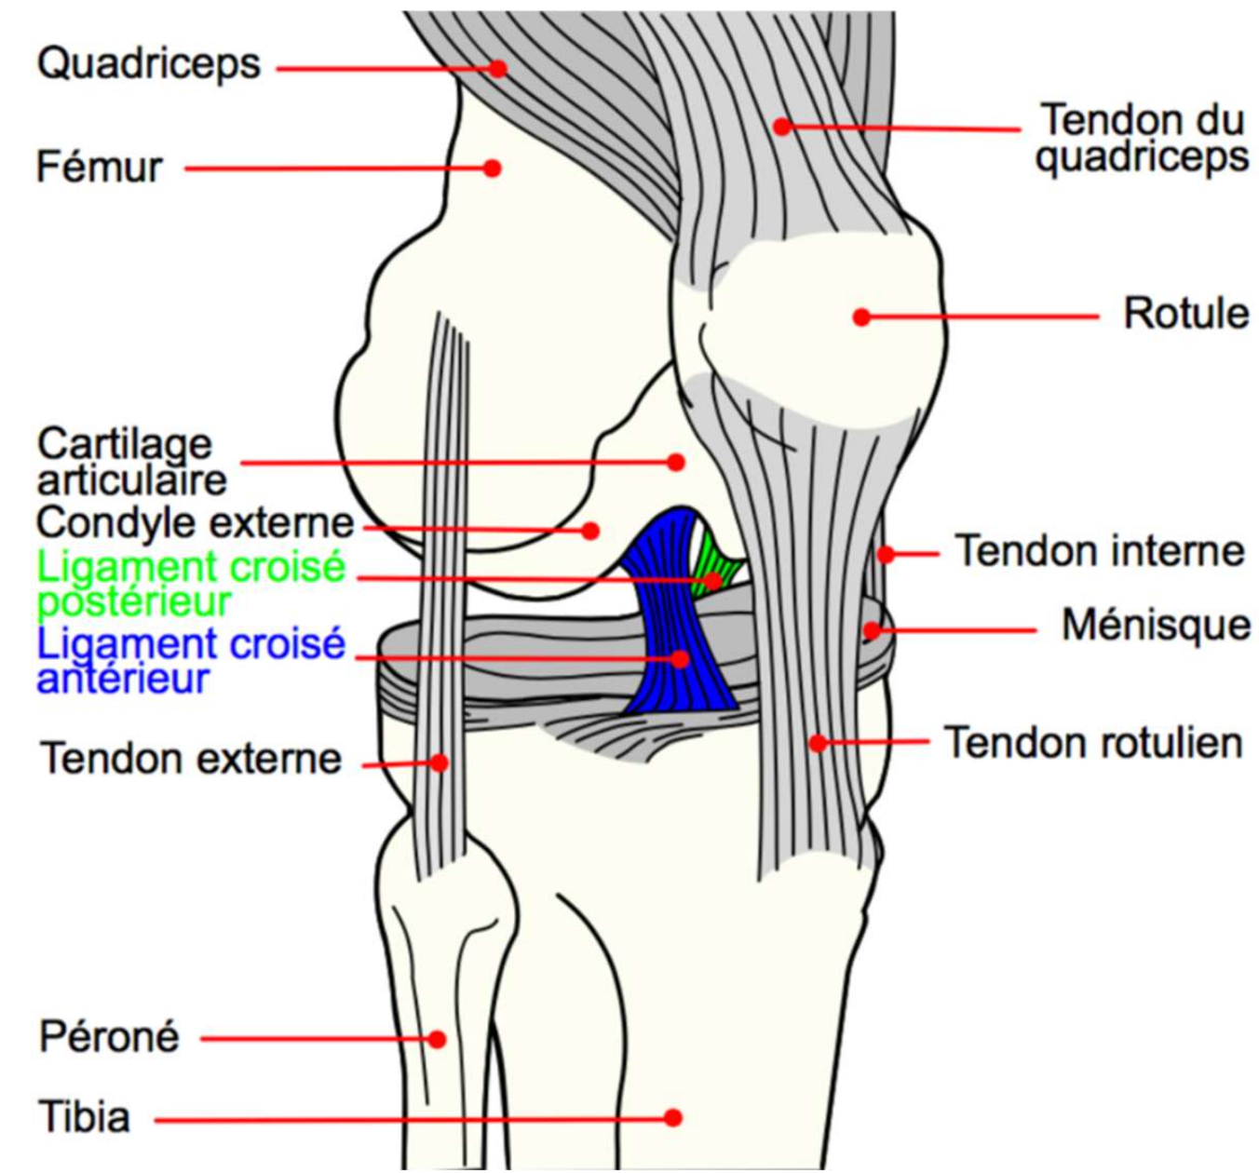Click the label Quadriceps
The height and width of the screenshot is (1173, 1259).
(x=148, y=65)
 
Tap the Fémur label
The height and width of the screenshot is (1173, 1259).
(x=99, y=169)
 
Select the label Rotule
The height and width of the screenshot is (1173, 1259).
(x=1185, y=314)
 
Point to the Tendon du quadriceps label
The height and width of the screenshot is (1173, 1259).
(x=1142, y=139)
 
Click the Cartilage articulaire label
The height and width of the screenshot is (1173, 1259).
(x=130, y=462)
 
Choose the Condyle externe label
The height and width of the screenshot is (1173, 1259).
(x=195, y=523)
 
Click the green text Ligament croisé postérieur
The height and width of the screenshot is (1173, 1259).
(x=190, y=584)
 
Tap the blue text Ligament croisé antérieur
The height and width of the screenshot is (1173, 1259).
(x=190, y=661)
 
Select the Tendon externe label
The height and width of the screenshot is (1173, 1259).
(x=192, y=760)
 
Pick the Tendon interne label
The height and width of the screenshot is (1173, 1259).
(x=1100, y=551)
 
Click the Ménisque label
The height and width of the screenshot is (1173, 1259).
(x=1156, y=625)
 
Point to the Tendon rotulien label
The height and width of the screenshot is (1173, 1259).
(x=1093, y=743)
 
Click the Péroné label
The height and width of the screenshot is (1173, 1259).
(x=109, y=1037)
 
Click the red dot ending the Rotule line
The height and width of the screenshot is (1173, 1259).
(x=861, y=317)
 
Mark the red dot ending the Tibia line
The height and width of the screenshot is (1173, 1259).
(x=673, y=1117)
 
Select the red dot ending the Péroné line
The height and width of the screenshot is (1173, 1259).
(x=437, y=1039)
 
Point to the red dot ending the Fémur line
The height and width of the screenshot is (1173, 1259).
(x=492, y=169)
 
